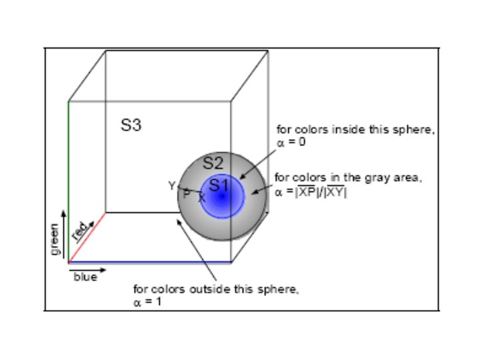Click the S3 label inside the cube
(131, 125)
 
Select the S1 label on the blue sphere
(219, 185)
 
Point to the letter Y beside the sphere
(172, 186)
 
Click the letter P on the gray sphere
(187, 193)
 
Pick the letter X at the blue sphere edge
(201, 197)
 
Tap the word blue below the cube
(85, 277)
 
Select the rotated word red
(80, 231)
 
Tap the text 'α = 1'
(147, 301)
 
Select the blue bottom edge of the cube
(150, 262)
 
